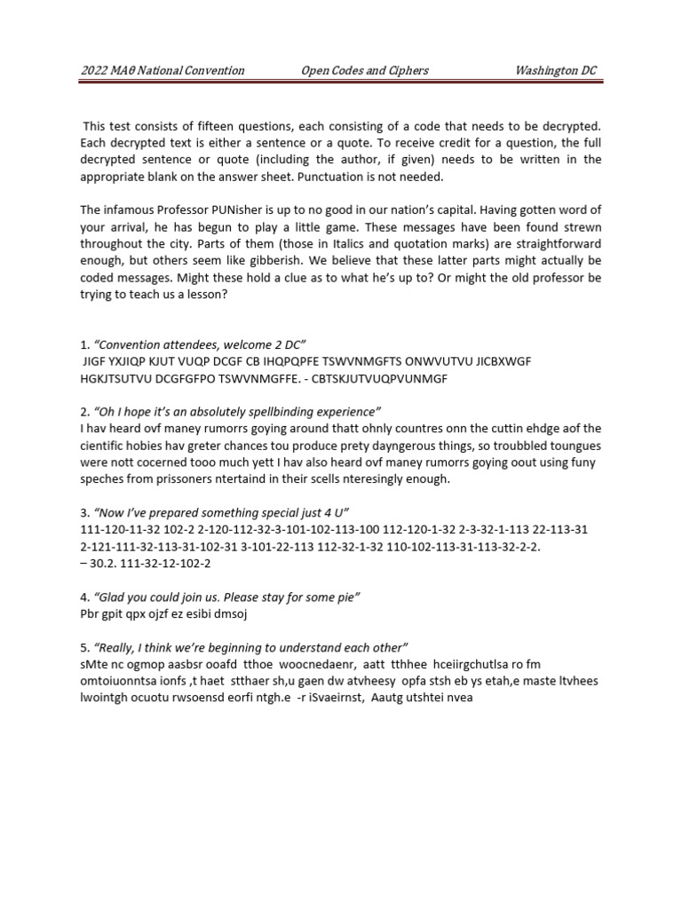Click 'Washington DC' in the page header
[x=560, y=70]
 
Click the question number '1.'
[x=84, y=344]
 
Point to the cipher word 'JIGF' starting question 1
[x=94, y=361]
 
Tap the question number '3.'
[x=84, y=513]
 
